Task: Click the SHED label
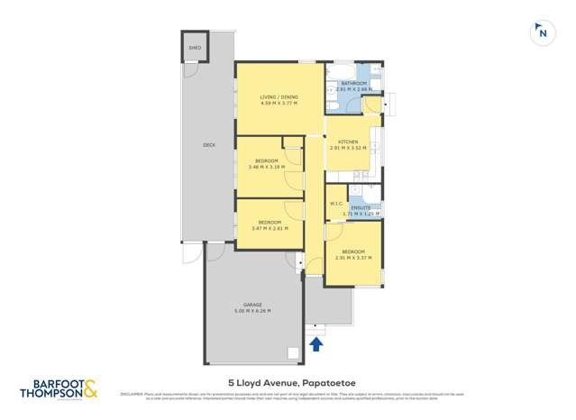tap(194, 48)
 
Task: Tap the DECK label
tap(208, 144)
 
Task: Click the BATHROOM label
tap(353, 83)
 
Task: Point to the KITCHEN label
tap(347, 142)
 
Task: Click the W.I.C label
tap(335, 204)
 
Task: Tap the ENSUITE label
tap(361, 206)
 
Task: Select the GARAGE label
tap(252, 305)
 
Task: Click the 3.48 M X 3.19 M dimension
tap(269, 167)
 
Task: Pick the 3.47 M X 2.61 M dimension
tap(270, 228)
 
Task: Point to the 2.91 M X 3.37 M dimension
tap(352, 258)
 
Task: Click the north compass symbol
tap(542, 32)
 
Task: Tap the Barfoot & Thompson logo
tap(59, 388)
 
